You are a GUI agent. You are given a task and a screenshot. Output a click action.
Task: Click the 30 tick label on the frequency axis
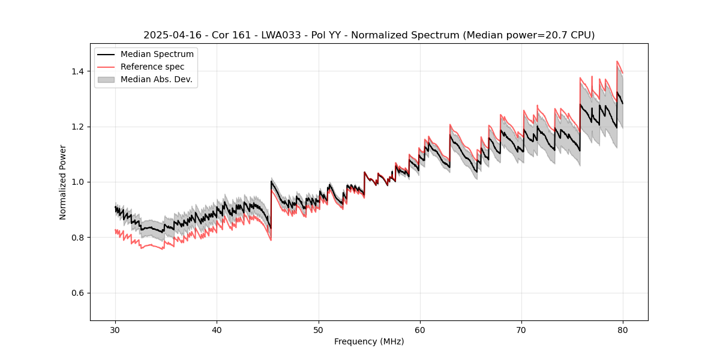(115, 329)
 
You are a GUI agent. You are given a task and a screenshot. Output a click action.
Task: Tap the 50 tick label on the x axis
(318, 329)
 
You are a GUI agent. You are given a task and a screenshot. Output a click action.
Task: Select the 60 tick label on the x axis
(419, 329)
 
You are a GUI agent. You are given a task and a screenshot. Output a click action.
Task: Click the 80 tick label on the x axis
(623, 329)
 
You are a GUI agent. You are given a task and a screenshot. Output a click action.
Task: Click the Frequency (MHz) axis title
(369, 341)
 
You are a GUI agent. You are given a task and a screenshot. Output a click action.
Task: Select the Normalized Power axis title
(63, 182)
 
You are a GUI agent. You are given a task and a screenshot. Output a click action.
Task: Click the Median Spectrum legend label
(157, 55)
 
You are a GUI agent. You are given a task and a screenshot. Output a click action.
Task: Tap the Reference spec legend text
(152, 67)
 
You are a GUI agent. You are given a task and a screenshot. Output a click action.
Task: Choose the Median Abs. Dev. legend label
(156, 79)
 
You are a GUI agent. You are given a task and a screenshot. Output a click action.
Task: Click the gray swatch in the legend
(106, 79)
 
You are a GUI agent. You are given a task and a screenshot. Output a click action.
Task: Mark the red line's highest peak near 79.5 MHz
(617, 61)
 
